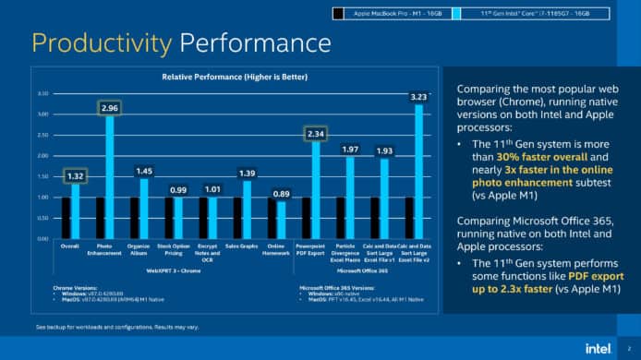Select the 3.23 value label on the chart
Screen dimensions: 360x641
pos(418,96)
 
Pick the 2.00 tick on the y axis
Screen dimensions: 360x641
pos(42,156)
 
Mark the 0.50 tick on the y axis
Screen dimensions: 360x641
pos(42,218)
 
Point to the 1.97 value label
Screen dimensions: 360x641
pos(350,149)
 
